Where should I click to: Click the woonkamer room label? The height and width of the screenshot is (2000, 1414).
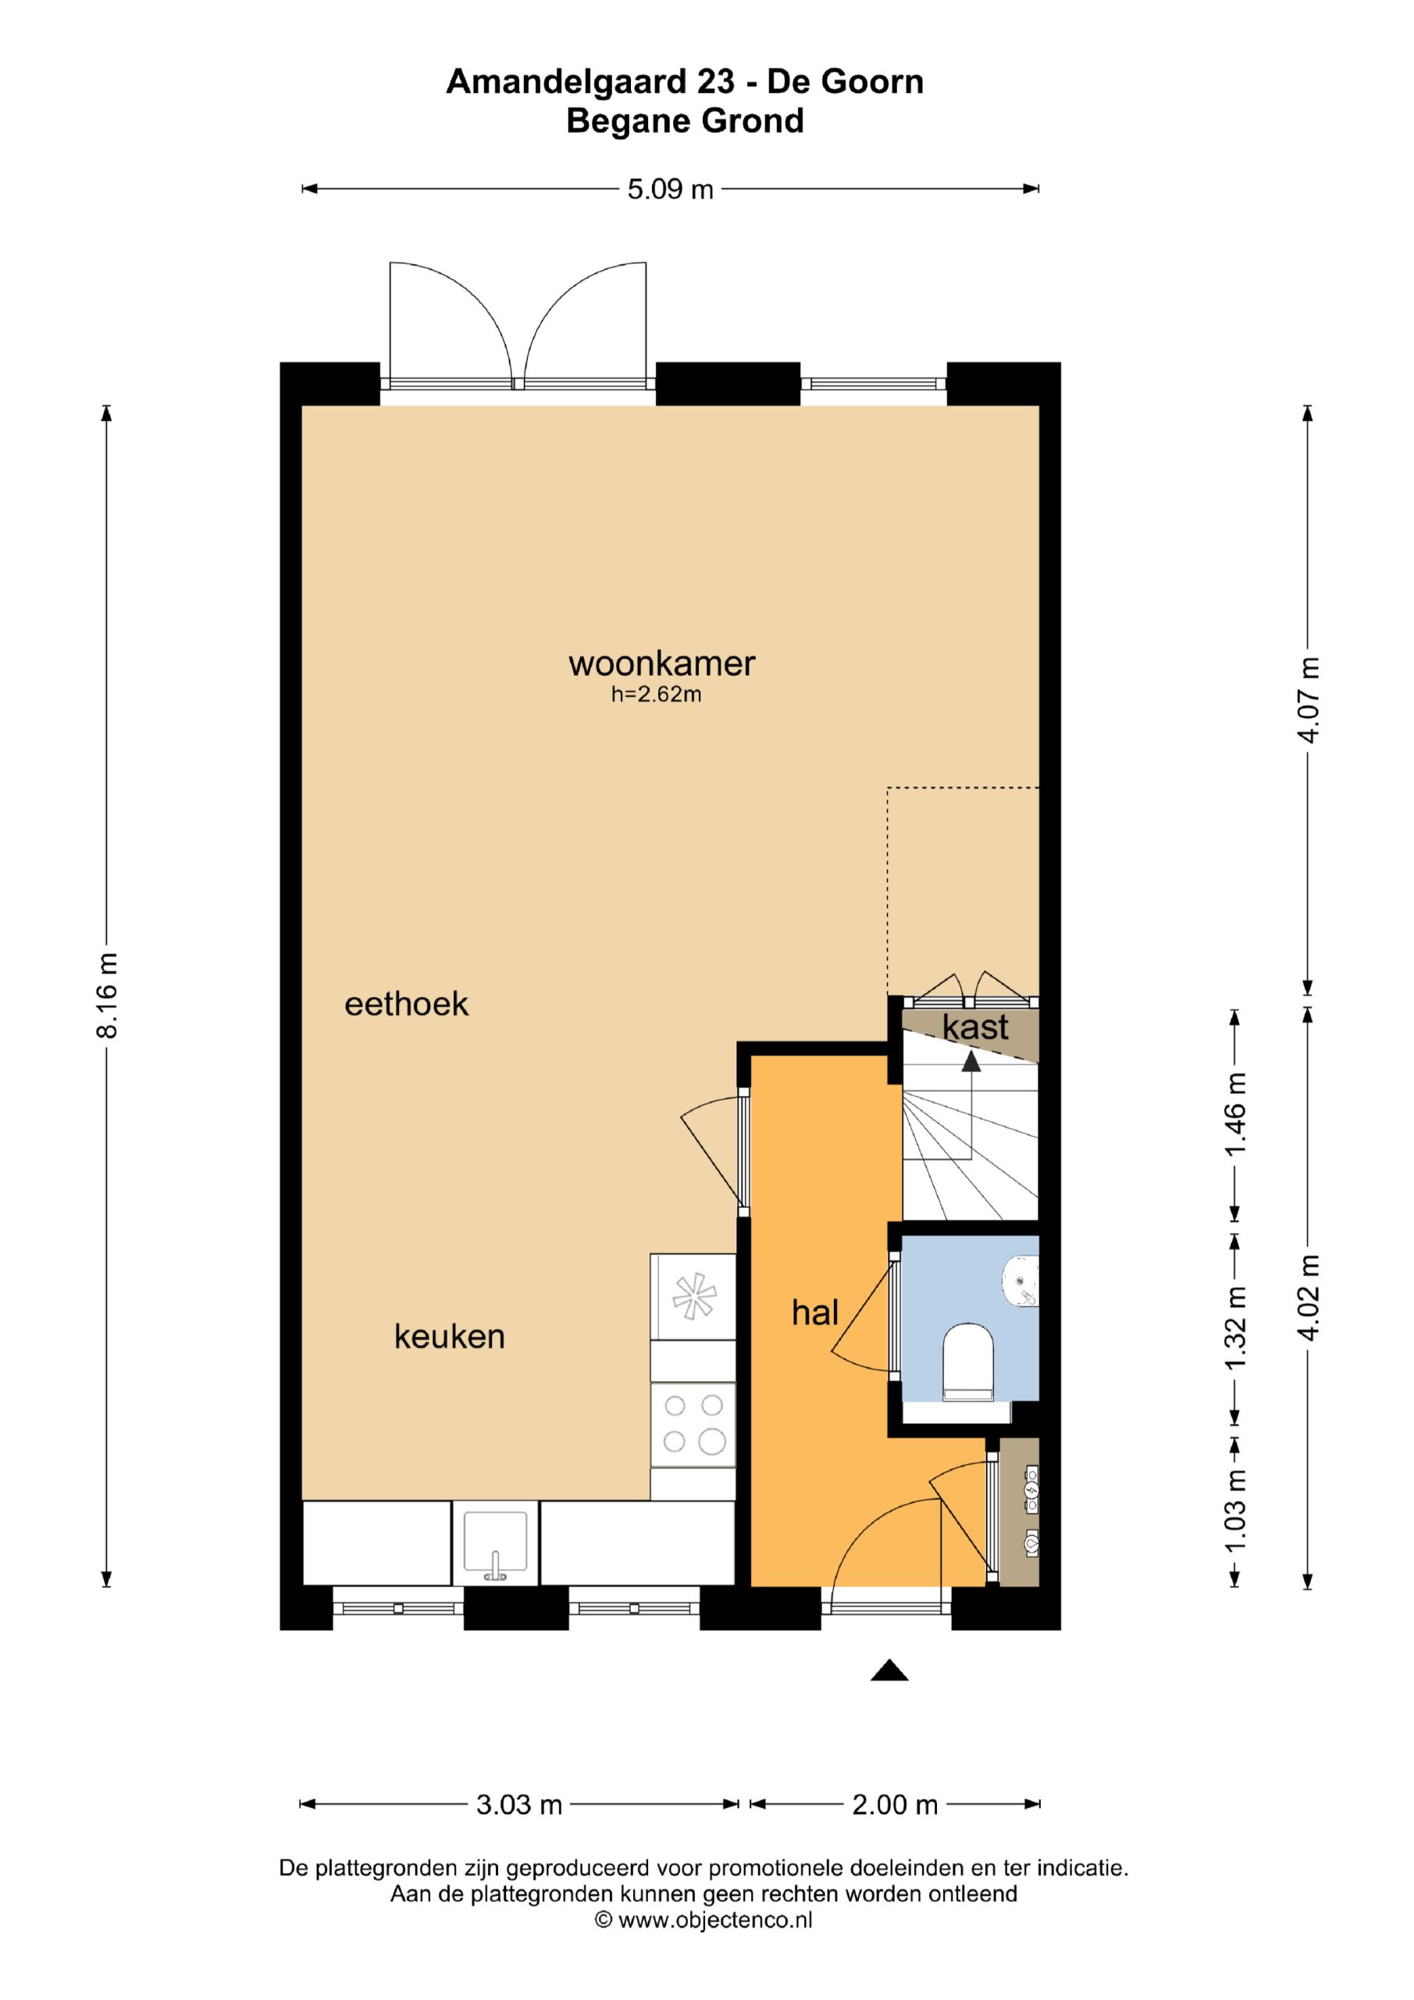point(662,664)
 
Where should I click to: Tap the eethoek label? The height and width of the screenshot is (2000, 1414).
point(407,1005)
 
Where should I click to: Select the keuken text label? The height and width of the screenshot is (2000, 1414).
point(449,1336)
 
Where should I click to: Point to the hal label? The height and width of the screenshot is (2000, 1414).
point(815,1312)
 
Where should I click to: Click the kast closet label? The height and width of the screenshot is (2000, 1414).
point(975,1027)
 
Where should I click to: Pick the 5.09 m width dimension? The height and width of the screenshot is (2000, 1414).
point(671,189)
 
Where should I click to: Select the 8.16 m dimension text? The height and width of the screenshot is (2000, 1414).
point(107,995)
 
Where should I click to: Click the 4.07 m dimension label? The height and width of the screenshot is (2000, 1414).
point(1309,699)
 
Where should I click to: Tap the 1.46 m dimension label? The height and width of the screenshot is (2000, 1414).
point(1235,1114)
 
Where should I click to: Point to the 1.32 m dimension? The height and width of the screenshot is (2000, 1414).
point(1235,1327)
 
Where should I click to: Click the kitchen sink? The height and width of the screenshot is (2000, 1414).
point(496,1544)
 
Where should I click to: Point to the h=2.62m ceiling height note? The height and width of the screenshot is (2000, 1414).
point(657,695)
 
